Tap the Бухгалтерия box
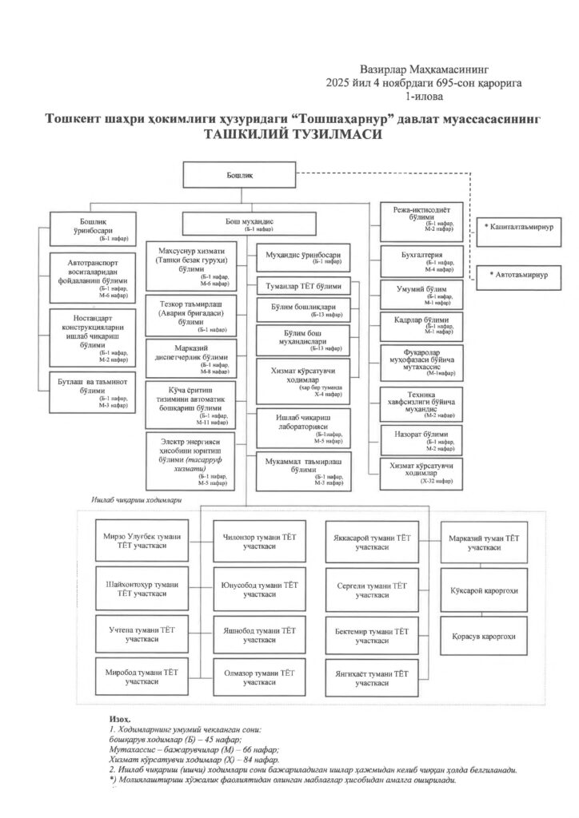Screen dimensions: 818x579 (421, 260)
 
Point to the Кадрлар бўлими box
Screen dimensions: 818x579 (421, 324)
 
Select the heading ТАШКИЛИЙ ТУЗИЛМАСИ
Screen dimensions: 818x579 (292, 135)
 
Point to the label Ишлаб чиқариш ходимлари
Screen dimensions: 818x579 (133, 499)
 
